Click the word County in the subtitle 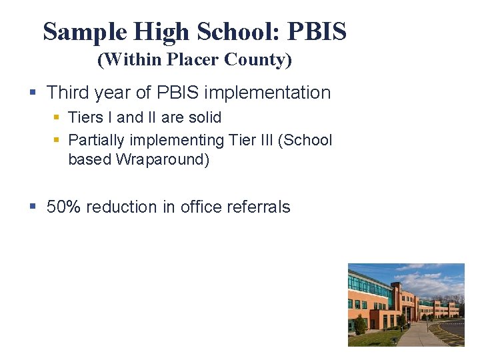257,60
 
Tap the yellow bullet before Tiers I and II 57,117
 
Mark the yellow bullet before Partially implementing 57,140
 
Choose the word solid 205,118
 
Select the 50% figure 63,207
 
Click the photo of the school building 405,305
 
